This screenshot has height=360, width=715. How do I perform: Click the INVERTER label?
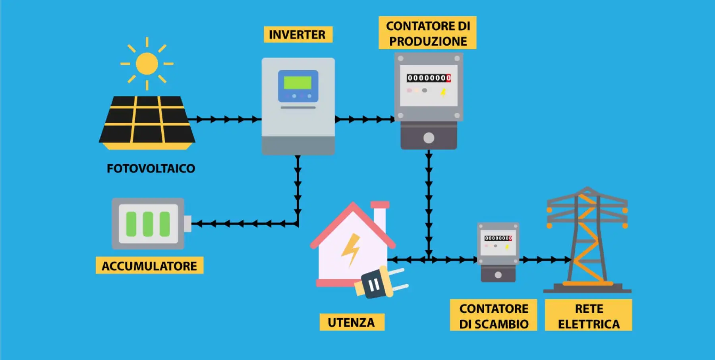click(297, 35)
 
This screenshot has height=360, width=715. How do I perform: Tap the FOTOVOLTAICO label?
click(151, 168)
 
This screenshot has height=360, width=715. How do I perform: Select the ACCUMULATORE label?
click(149, 266)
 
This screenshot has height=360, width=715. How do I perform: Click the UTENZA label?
click(351, 322)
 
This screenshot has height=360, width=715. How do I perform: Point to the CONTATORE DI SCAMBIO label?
click(494, 316)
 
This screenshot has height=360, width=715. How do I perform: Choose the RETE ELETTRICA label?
click(589, 316)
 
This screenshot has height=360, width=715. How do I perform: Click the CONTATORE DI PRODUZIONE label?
click(428, 33)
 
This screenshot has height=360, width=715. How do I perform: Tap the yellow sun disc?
click(147, 64)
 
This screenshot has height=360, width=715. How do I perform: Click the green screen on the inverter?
click(298, 83)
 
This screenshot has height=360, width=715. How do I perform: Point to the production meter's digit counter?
click(429, 78)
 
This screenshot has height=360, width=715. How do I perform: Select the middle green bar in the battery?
click(148, 224)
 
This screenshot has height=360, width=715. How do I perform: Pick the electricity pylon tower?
click(587, 240)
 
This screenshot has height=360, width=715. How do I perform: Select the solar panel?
click(147, 122)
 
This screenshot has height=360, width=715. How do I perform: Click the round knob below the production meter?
click(429, 138)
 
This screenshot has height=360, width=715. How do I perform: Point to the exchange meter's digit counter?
click(498, 238)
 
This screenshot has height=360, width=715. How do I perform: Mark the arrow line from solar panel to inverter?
click(224, 119)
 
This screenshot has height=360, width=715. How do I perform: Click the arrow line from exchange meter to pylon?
click(545, 260)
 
